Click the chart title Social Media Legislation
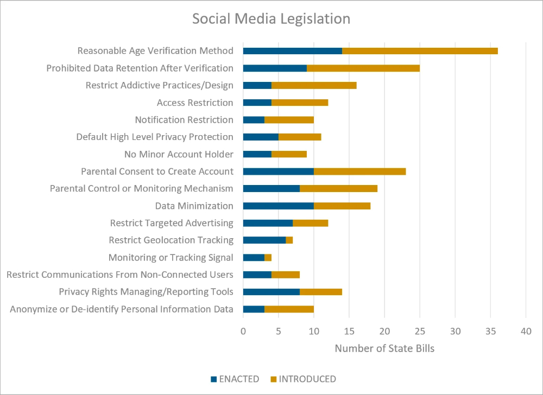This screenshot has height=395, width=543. tap(271, 19)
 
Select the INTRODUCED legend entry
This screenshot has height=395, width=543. tap(304, 379)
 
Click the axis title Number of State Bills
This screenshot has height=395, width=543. tap(384, 348)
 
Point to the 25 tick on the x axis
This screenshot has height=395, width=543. tap(420, 331)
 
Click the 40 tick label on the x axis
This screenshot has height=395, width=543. tap(526, 331)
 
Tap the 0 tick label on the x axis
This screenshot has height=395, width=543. tap(243, 331)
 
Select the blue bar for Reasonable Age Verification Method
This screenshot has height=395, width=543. tap(293, 51)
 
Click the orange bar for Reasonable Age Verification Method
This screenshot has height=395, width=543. tap(420, 51)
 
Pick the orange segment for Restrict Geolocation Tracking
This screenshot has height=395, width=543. tap(289, 240)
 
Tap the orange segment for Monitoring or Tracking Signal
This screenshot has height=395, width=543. tap(268, 258)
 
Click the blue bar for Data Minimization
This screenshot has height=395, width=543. tap(279, 206)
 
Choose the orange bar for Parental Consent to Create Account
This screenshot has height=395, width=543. tap(359, 171)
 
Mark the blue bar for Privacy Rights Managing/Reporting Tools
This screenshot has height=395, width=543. tap(271, 292)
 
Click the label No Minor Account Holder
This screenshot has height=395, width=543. tap(179, 154)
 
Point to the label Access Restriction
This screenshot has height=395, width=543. tap(195, 103)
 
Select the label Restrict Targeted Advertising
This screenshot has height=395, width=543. tap(172, 223)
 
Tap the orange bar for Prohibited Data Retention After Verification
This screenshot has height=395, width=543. tap(363, 68)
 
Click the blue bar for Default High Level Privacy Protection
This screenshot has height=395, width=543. tap(261, 137)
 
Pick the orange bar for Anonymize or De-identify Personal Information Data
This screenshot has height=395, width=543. tap(289, 309)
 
